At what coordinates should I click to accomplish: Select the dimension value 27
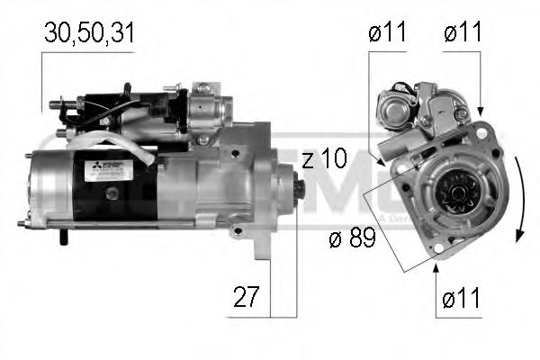point(242,298)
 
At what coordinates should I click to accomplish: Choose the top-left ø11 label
point(387,33)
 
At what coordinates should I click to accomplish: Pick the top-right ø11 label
point(463,33)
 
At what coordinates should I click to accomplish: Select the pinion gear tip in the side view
point(298,190)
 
